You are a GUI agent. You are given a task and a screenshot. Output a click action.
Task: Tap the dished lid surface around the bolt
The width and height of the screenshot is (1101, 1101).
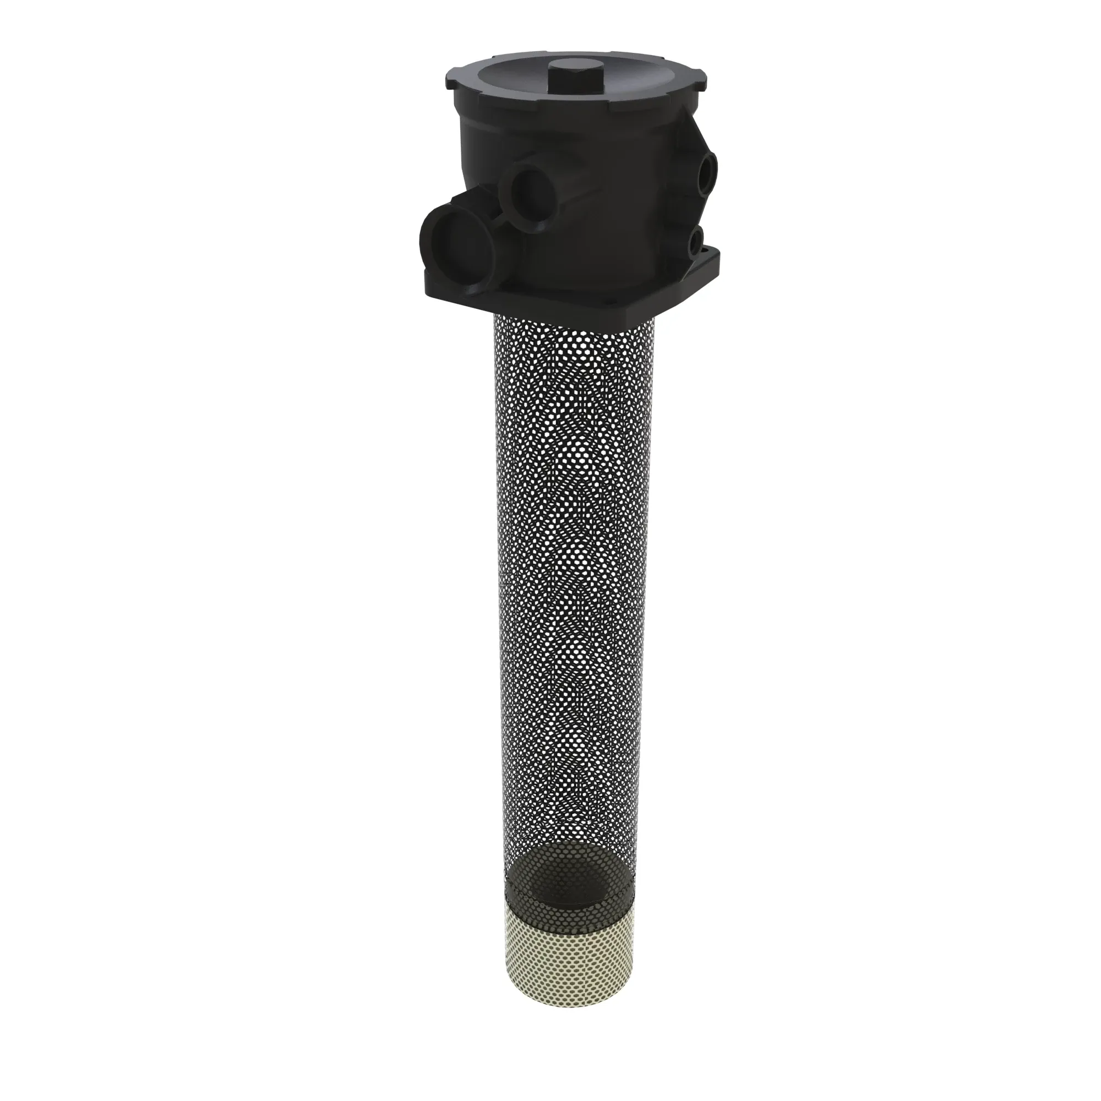click(x=513, y=85)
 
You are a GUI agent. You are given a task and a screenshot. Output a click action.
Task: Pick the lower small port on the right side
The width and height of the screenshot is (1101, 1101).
click(x=696, y=241)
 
